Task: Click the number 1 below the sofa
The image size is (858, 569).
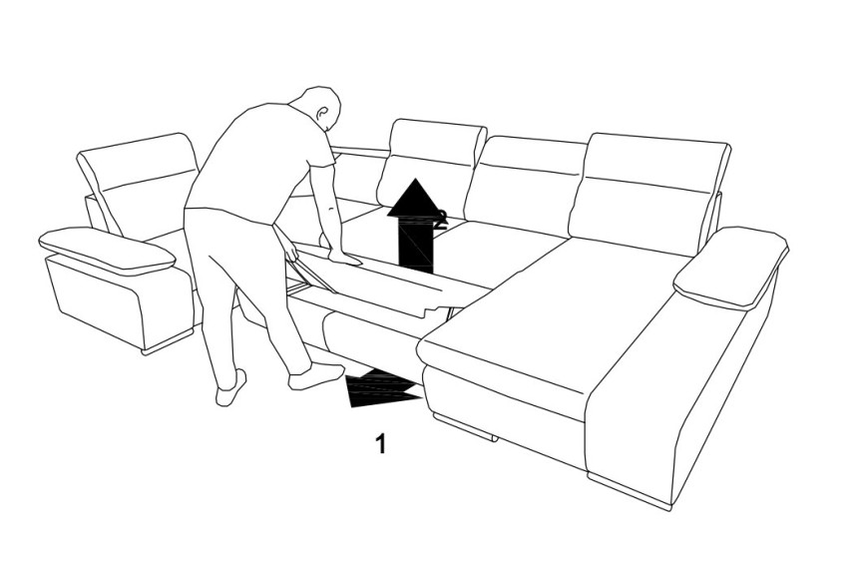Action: (381, 443)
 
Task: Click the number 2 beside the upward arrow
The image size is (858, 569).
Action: (441, 219)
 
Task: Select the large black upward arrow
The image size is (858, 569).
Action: (416, 226)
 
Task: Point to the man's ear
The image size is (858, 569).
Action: (322, 112)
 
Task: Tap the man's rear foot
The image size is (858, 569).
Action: (230, 389)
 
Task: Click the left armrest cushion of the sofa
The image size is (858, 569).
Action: (107, 251)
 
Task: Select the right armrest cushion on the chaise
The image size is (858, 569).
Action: (730, 267)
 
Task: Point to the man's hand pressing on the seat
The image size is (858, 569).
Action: (345, 257)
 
